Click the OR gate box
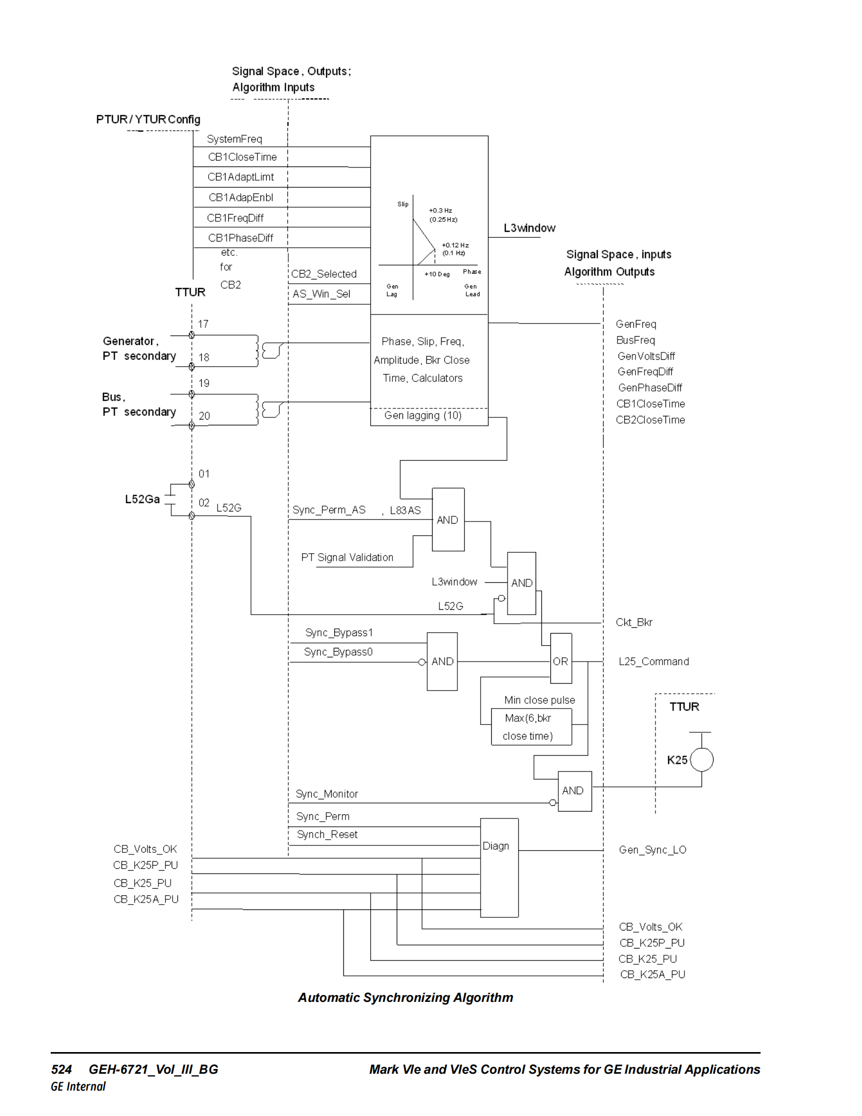[x=560, y=658]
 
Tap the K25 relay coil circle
[x=701, y=760]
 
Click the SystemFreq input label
[x=235, y=139]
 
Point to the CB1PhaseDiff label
[x=240, y=238]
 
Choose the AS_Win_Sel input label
[x=321, y=294]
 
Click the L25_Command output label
[x=653, y=662]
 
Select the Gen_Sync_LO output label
[x=652, y=850]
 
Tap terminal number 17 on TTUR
[x=203, y=324]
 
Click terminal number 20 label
[x=204, y=416]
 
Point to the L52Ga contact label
[x=142, y=499]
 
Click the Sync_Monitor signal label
[x=326, y=794]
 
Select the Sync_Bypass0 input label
[x=338, y=652]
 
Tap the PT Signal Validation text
[x=347, y=557]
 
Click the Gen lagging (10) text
[x=423, y=415]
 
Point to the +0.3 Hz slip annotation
[x=441, y=210]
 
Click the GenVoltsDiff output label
[x=646, y=356]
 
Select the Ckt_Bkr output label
[x=634, y=622]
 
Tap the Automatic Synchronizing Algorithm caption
[x=405, y=998]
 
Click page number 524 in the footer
[x=61, y=1069]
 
